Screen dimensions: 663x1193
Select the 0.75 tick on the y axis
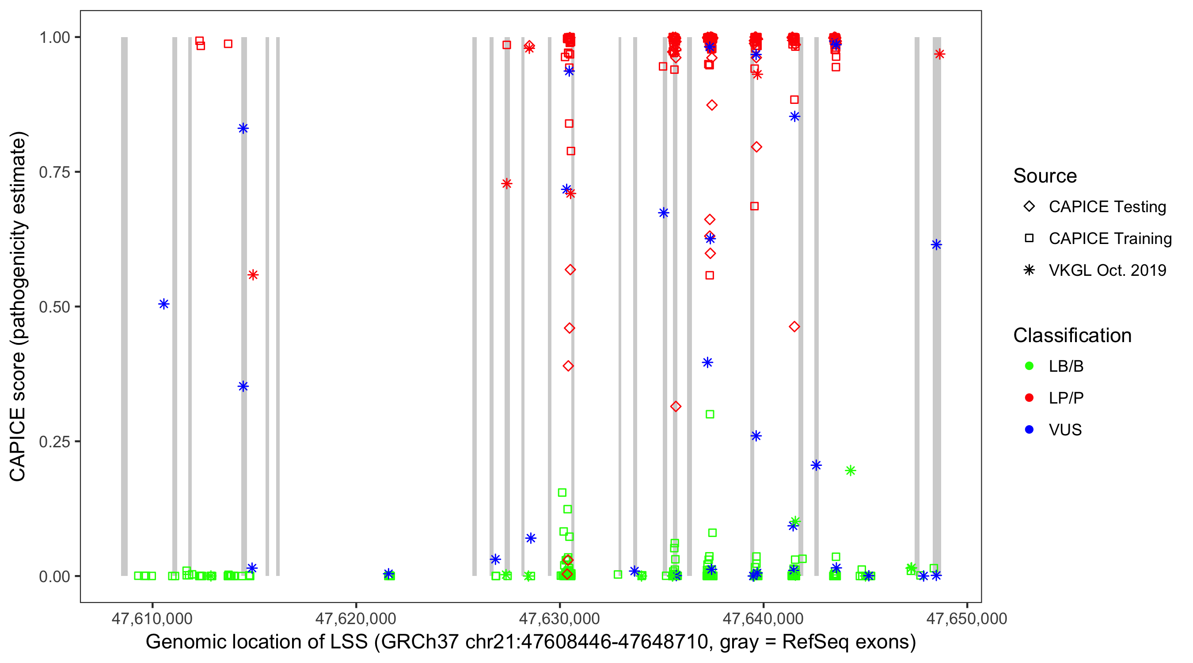(x=54, y=172)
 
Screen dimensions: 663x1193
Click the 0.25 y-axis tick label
(x=54, y=442)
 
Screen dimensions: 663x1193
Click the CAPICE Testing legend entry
(x=1107, y=207)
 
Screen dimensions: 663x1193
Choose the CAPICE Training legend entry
(x=1109, y=239)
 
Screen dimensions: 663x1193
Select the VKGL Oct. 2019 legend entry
(x=1107, y=270)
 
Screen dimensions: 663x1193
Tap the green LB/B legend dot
(x=1029, y=366)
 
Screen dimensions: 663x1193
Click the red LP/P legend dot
(x=1029, y=398)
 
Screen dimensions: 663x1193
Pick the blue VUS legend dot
(x=1029, y=430)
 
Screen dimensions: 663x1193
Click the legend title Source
(x=1045, y=176)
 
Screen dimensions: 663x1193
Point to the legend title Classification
(x=1072, y=335)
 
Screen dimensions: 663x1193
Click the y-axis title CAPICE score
(x=19, y=306)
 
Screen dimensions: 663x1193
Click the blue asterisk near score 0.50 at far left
(x=163, y=304)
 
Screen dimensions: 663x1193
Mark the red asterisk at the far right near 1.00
(x=939, y=54)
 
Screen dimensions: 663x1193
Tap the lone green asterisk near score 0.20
(x=850, y=471)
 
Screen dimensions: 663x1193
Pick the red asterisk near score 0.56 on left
(x=253, y=275)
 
